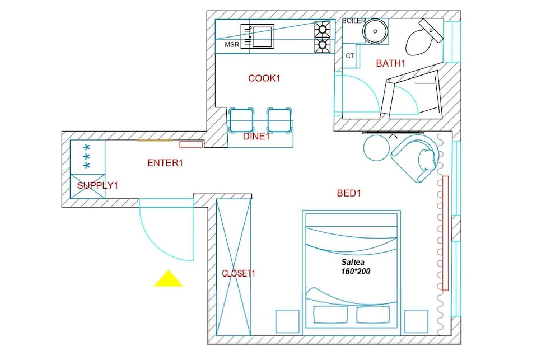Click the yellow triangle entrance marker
(x=168, y=279)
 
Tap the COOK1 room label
(x=264, y=78)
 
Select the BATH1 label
(x=391, y=64)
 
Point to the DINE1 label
(x=256, y=137)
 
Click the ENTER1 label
(x=165, y=163)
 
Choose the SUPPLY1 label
(x=97, y=185)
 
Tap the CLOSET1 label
(x=239, y=274)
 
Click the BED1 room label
(x=349, y=193)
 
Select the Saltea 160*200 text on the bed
(x=356, y=267)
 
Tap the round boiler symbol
(x=375, y=31)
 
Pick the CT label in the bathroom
(x=350, y=56)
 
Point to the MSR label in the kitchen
(x=232, y=45)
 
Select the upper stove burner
(x=323, y=28)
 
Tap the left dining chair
(x=241, y=120)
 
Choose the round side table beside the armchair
(x=376, y=148)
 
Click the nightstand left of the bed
(x=287, y=321)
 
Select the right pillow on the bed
(x=373, y=315)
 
